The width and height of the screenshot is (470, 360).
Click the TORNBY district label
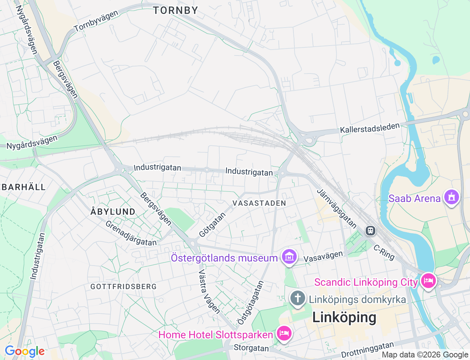click(x=176, y=10)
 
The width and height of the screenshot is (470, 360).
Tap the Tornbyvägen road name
click(x=96, y=21)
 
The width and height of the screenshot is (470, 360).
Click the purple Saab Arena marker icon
click(x=451, y=197)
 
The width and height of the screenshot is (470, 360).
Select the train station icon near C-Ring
click(x=370, y=231)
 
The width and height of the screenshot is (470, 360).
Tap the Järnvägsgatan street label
click(x=337, y=208)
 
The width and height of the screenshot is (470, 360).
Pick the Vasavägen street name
click(x=323, y=256)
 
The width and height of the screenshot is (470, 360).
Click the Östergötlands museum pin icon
click(x=289, y=257)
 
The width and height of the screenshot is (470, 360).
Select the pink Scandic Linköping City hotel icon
click(x=428, y=281)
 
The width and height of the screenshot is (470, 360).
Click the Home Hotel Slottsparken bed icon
click(x=284, y=334)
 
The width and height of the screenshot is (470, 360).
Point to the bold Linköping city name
click(x=344, y=317)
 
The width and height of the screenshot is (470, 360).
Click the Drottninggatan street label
click(x=368, y=349)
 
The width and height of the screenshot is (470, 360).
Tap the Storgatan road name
click(x=251, y=348)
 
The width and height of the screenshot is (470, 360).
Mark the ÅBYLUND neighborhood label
click(x=113, y=212)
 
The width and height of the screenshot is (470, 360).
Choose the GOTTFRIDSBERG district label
click(x=123, y=287)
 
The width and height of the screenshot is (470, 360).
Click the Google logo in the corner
click(x=24, y=352)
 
